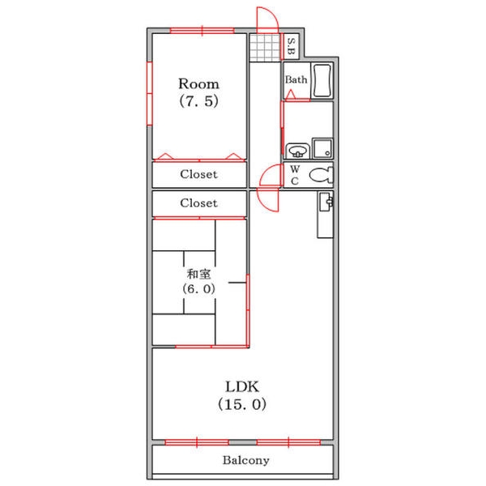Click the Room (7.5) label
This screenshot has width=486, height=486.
click(198, 92)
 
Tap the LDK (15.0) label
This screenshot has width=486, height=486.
click(242, 395)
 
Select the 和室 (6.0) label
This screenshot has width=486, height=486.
click(198, 281)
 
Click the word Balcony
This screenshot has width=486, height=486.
click(245, 460)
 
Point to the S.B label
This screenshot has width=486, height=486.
click(292, 46)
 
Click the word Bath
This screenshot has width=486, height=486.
click(296, 79)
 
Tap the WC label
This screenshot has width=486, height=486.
click(295, 175)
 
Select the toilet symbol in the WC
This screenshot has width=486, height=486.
click(321, 175)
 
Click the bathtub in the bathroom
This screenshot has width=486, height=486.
click(322, 80)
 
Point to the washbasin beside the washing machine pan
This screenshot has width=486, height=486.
click(297, 151)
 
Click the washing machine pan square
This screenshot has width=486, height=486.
click(322, 148)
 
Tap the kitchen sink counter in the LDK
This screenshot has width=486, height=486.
click(325, 215)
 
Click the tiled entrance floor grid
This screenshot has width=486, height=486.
click(265, 48)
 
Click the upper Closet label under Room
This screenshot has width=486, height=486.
click(198, 174)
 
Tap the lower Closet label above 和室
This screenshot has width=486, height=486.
click(198, 203)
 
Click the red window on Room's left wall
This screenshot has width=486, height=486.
click(150, 93)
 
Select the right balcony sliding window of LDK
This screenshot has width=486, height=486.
click(288, 442)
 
